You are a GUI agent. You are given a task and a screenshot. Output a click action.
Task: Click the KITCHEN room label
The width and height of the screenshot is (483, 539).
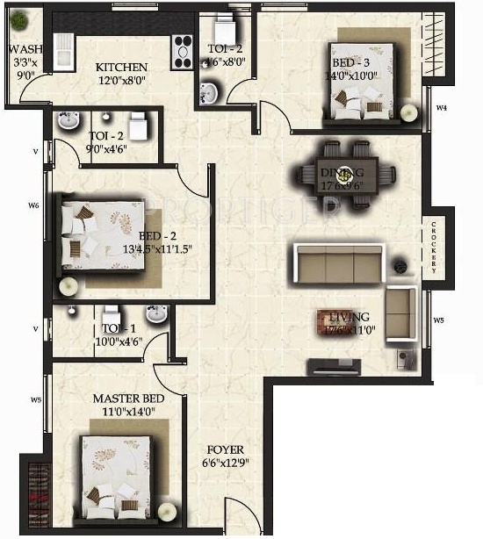click(x=121, y=68)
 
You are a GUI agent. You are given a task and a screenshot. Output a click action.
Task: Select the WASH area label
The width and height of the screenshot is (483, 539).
click(x=21, y=49)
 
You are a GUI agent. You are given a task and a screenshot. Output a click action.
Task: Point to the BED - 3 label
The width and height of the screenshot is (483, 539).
click(x=356, y=63)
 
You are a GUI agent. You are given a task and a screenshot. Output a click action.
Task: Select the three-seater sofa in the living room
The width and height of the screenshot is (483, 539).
click(x=336, y=262)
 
